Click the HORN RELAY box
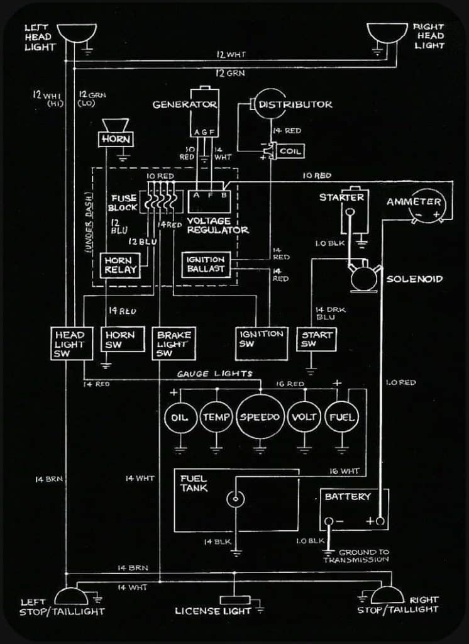[x=118, y=265]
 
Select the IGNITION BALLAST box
[x=206, y=264]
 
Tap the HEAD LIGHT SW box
[x=69, y=344]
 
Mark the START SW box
[x=317, y=340]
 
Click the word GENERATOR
[x=185, y=104]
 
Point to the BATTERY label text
[x=348, y=497]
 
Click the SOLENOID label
[x=414, y=279]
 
